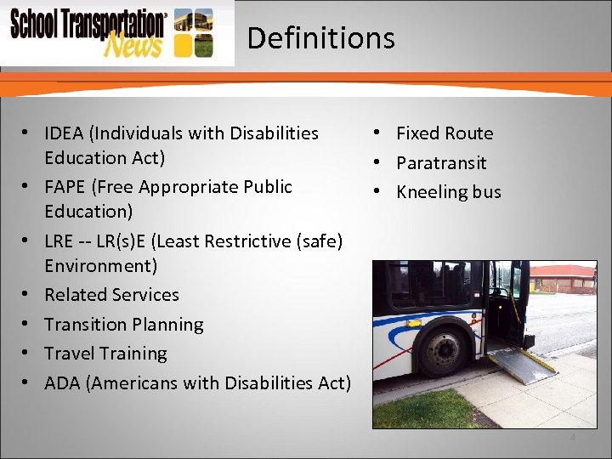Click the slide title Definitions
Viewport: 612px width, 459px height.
[320, 38]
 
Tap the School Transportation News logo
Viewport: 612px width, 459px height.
[110, 32]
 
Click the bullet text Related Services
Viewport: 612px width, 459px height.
[111, 295]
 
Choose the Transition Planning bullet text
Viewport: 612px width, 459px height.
[123, 325]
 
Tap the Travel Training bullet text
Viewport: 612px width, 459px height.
[105, 354]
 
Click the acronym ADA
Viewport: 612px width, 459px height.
[62, 383]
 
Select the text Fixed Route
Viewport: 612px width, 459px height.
[444, 133]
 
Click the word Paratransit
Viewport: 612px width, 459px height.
[441, 162]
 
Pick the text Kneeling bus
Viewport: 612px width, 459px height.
[448, 192]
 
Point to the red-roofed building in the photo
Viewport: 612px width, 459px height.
[562, 278]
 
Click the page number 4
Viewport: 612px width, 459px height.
[572, 438]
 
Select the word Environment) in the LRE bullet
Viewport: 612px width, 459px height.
[100, 266]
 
